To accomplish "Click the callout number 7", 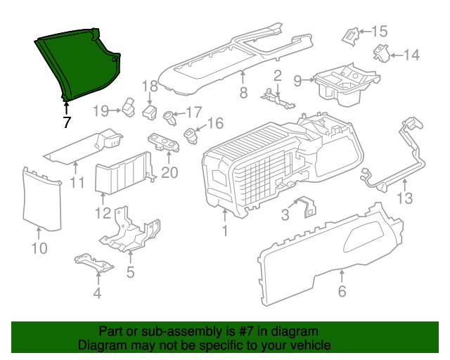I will (x=67, y=122).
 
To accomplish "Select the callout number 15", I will (x=379, y=31).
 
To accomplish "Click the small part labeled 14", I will (x=380, y=53).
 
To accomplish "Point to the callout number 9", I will (x=297, y=81).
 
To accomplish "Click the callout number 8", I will (x=243, y=92).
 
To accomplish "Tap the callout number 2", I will (x=278, y=75).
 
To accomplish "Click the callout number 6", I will (x=342, y=291).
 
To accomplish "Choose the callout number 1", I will (x=224, y=231).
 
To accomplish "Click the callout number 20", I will (x=169, y=172).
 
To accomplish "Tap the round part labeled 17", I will (x=169, y=115).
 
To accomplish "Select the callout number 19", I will (x=101, y=110).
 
